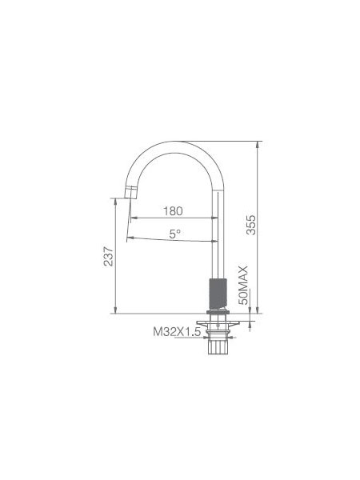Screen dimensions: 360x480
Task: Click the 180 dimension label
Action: coord(173,211)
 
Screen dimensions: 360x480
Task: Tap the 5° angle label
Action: coord(174,234)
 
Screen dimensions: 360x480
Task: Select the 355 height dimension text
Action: coord(250,225)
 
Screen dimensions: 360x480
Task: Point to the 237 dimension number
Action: coord(108,256)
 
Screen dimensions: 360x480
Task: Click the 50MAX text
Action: coord(243,286)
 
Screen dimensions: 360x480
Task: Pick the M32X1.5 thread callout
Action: coord(177,331)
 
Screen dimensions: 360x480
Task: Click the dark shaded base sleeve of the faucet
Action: coord(218,294)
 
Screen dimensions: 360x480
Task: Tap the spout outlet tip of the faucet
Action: coord(130,193)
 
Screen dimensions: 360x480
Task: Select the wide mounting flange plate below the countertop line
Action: coord(218,322)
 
